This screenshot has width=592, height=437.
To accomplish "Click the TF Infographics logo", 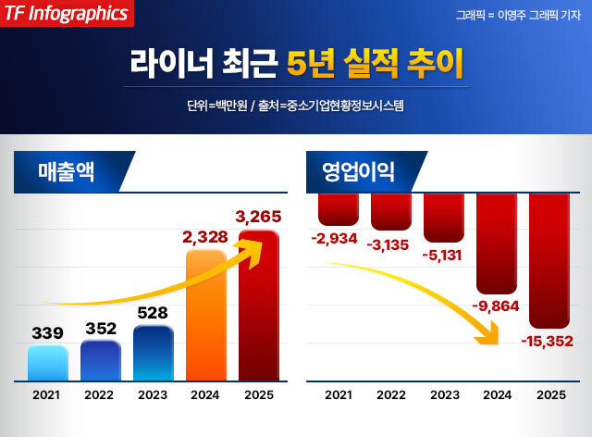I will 66,13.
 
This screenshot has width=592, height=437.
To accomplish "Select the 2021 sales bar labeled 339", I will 48,363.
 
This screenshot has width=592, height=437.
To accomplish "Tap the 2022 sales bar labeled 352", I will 100,360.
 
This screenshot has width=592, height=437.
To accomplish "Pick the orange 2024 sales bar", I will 205,315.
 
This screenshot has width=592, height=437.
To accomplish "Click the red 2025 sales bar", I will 258,306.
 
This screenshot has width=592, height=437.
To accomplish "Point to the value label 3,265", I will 258,218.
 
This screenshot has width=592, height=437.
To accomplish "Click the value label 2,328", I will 205,238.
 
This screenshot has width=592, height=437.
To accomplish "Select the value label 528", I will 153,313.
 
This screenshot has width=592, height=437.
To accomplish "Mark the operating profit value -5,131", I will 444,256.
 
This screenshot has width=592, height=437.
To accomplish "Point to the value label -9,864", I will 497,306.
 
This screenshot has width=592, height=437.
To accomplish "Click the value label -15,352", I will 549,341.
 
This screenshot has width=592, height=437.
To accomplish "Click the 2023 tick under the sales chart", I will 153,394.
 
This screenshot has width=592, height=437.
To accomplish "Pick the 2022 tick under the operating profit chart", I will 391,394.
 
